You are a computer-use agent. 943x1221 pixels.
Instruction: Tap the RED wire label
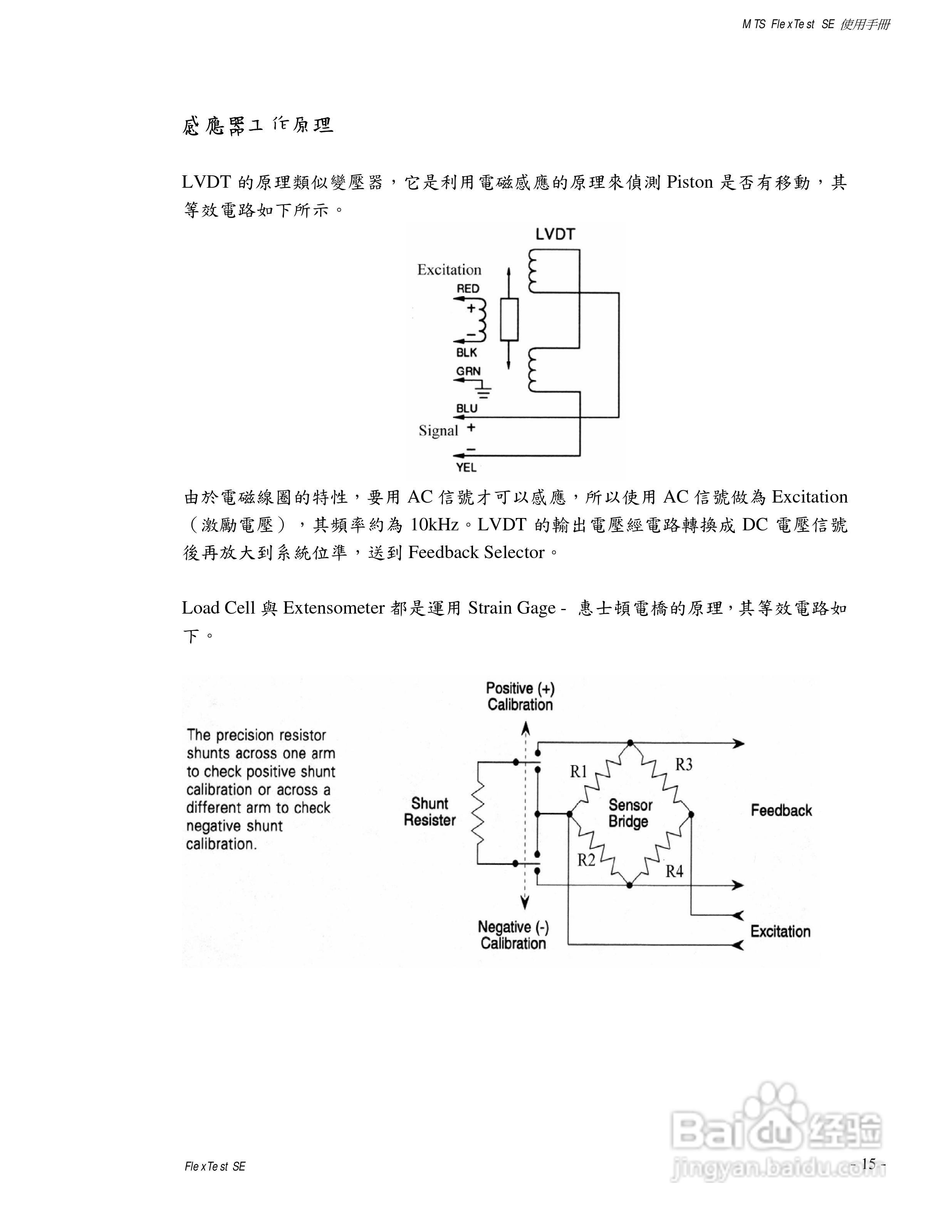tap(468, 288)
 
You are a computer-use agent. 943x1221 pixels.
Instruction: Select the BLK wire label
tap(466, 353)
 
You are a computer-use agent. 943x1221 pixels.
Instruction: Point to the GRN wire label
tap(468, 371)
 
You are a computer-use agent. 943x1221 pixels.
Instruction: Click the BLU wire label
tap(466, 409)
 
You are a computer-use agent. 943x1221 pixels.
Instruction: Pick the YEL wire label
tap(466, 468)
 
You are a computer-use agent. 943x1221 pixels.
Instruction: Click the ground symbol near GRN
tap(484, 391)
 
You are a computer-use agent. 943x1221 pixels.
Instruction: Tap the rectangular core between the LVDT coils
tap(509, 320)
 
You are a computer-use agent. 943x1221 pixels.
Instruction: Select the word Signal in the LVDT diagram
tap(438, 431)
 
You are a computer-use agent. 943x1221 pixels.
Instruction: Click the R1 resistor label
tap(579, 772)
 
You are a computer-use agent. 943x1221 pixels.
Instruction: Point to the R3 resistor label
tap(684, 764)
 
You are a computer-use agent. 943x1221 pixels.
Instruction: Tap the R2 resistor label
tap(586, 860)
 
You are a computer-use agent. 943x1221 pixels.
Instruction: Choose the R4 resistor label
tap(674, 871)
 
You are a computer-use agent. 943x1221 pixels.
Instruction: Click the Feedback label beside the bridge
tap(781, 810)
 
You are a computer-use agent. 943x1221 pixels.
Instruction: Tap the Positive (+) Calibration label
tap(520, 696)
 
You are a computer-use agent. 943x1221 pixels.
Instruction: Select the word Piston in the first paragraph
tap(690, 182)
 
